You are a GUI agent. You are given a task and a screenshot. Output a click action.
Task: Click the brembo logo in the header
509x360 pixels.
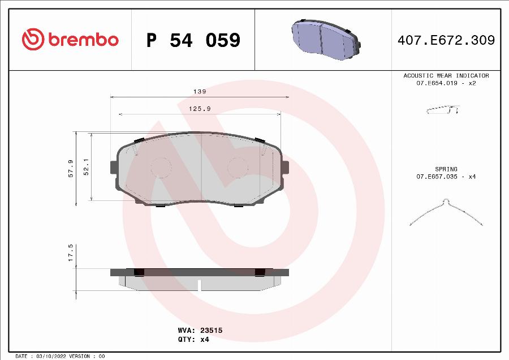click(x=70, y=40)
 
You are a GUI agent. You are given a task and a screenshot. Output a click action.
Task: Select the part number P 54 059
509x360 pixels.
click(x=193, y=40)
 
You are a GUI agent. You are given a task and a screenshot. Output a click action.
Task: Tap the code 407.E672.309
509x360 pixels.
click(x=446, y=40)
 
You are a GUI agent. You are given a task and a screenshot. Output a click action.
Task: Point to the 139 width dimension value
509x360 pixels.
click(x=199, y=91)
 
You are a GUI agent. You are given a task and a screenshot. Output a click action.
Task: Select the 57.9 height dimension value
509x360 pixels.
click(x=70, y=168)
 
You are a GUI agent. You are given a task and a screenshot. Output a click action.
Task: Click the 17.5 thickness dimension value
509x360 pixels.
click(x=70, y=253)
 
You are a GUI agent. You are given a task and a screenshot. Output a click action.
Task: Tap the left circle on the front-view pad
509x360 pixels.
click(x=161, y=167)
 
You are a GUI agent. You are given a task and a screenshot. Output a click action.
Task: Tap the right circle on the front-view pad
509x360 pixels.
click(x=238, y=167)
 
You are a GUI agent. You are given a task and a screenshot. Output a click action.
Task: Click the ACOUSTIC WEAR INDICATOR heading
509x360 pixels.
click(x=446, y=75)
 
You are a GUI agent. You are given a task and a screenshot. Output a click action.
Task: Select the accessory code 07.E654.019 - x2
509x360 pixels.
click(x=446, y=83)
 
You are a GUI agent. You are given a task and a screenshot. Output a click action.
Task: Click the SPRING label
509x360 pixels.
click(x=446, y=169)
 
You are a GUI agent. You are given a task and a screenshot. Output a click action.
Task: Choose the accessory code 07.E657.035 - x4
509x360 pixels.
click(x=446, y=177)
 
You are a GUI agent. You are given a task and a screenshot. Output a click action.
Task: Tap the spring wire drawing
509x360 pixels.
click(x=446, y=213)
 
